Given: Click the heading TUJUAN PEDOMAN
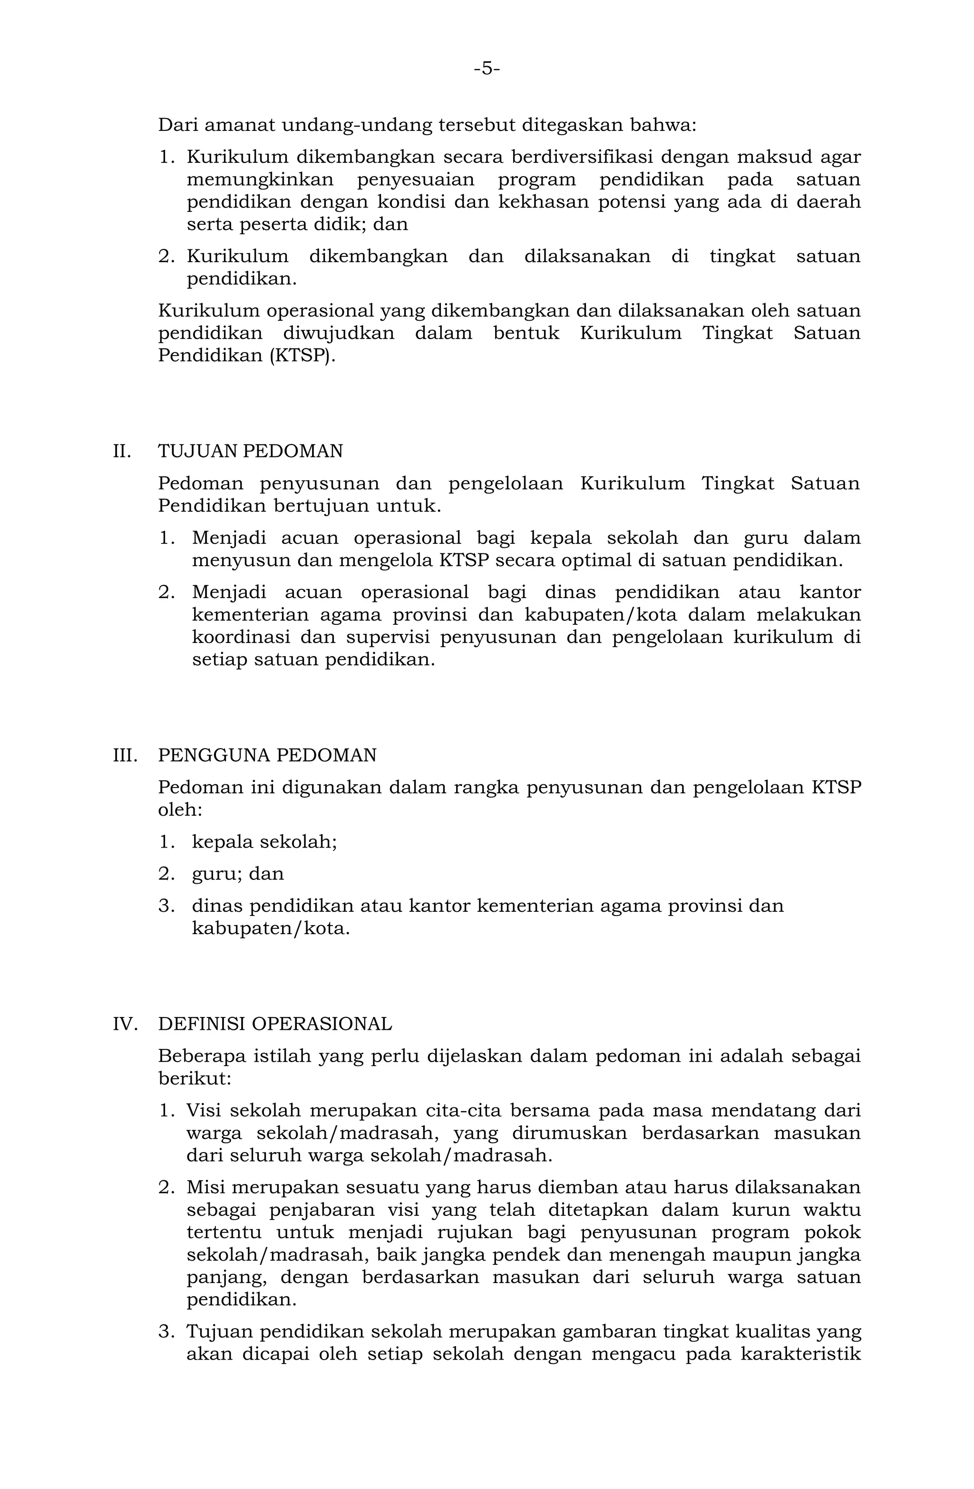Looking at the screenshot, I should (250, 451).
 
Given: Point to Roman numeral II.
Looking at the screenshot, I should (122, 451).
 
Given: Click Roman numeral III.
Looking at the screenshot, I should (125, 755).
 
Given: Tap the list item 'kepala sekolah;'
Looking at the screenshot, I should (264, 842).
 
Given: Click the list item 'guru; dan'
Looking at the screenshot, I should (238, 874).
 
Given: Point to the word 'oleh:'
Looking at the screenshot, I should (180, 810).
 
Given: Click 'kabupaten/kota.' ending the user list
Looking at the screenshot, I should (270, 928).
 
